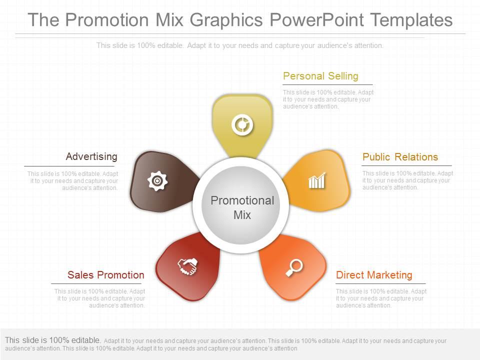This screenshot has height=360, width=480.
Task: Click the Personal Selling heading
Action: [320, 76]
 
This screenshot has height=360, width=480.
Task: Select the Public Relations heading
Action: [400, 157]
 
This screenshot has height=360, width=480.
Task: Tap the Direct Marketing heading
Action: [374, 275]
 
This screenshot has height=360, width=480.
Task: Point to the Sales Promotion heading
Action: [105, 275]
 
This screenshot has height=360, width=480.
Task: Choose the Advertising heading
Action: [91, 156]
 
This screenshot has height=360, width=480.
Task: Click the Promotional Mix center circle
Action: [242, 207]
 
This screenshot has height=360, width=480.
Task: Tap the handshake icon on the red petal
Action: [188, 266]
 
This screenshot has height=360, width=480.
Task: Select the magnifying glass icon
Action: [294, 267]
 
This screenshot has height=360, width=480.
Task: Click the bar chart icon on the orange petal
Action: [317, 180]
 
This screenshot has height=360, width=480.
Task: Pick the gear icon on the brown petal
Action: [157, 180]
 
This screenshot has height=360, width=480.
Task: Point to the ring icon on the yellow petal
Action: [242, 124]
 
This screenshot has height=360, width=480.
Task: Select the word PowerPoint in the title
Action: [317, 20]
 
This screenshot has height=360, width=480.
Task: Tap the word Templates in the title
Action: [411, 20]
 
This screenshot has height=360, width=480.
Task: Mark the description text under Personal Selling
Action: [328, 99]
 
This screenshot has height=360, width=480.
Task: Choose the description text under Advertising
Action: [73, 180]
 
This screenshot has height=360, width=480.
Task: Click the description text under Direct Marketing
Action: [381, 298]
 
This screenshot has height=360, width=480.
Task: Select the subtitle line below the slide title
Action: [240, 45]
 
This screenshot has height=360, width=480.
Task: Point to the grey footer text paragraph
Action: [225, 344]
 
